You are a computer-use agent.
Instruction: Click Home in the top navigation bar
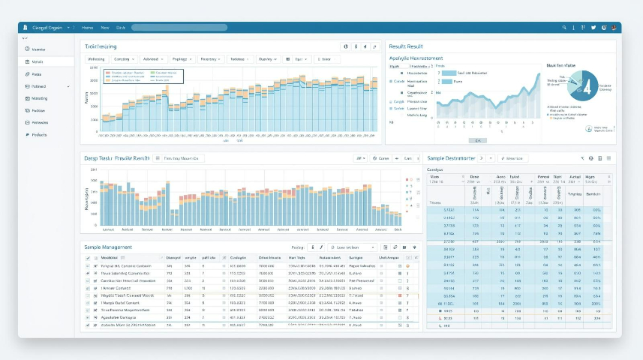tap(88, 28)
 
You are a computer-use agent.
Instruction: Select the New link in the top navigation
tap(105, 28)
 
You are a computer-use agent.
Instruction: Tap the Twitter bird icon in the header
tap(593, 28)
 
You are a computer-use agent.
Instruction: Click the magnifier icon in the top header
tap(563, 28)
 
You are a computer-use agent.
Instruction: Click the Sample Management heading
tap(108, 247)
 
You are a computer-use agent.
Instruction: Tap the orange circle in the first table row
tap(407, 266)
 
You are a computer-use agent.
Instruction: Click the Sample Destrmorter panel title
tap(450, 158)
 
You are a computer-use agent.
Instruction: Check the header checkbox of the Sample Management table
tap(87, 257)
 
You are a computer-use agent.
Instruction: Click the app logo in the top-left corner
tap(26, 28)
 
